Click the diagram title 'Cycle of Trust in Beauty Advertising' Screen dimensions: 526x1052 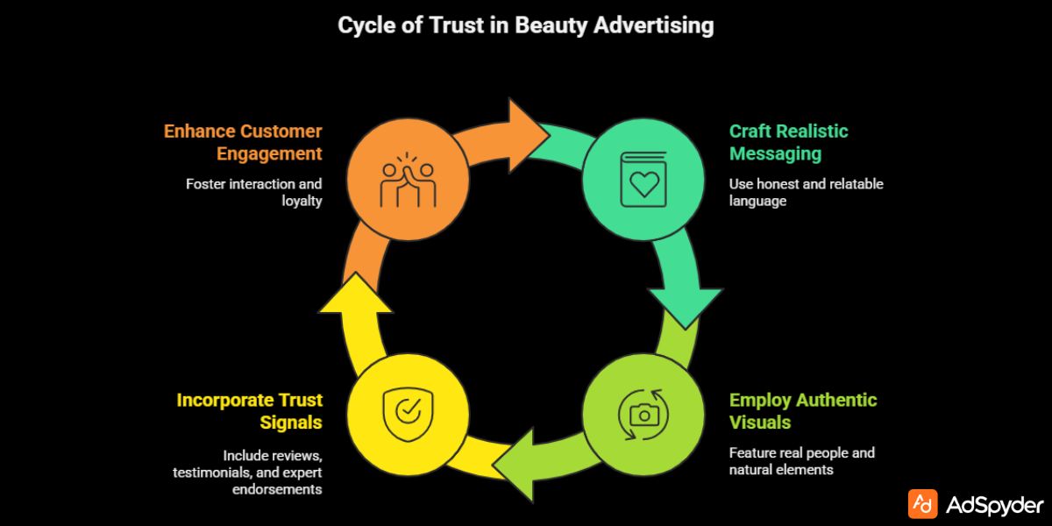click(526, 25)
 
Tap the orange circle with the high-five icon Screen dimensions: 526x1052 click(407, 173)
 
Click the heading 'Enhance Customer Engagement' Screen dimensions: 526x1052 click(243, 142)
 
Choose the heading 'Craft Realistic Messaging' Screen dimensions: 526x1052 click(788, 142)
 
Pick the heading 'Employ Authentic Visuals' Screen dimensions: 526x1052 click(802, 411)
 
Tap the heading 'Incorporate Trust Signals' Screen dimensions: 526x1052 click(250, 411)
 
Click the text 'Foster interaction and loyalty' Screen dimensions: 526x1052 click(254, 192)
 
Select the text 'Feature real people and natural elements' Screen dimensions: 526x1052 click(801, 461)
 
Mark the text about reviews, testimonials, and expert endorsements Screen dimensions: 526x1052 click(247, 473)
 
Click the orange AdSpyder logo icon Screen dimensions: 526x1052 click(922, 504)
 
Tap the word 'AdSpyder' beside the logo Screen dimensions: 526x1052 click(995, 505)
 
